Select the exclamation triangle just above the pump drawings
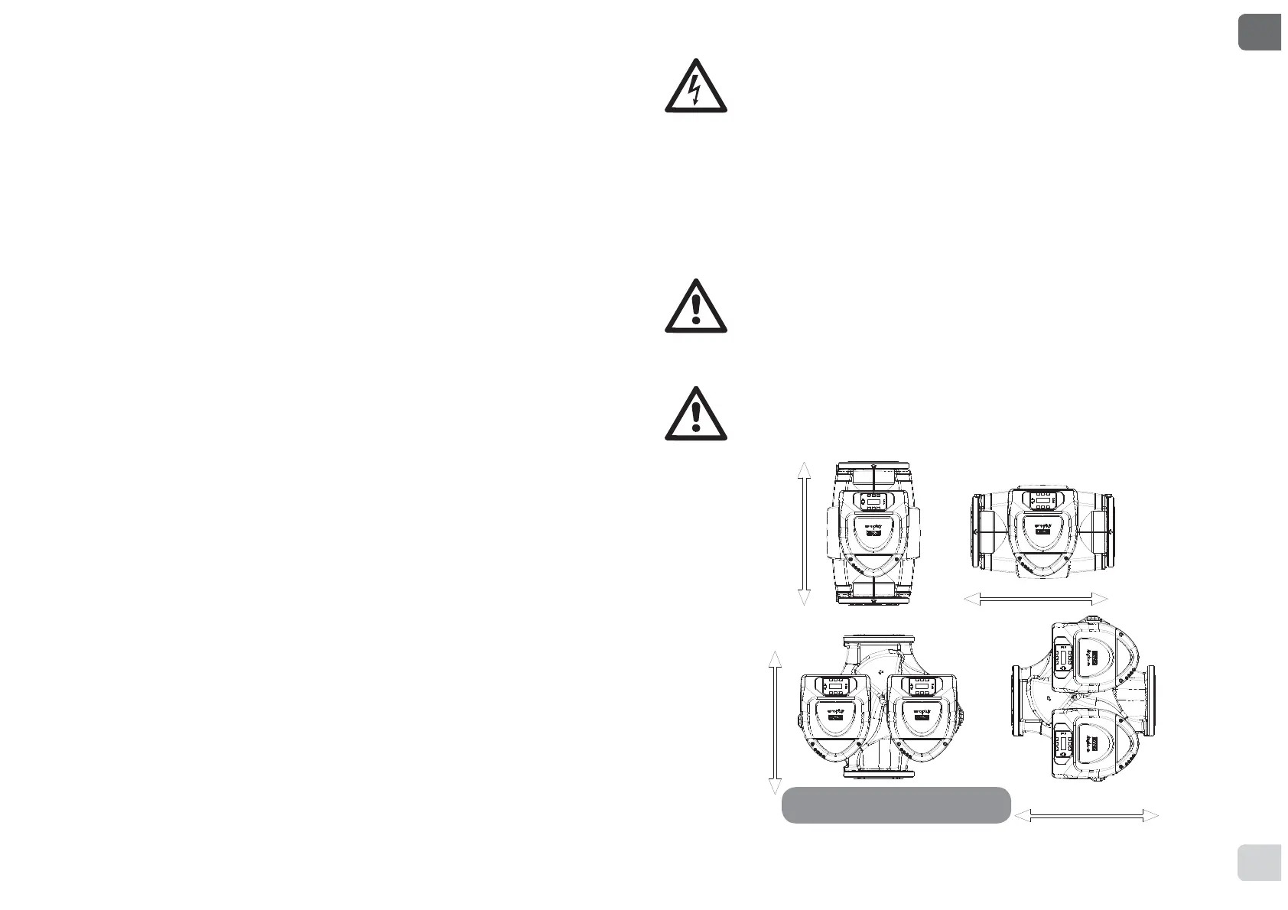pos(694,414)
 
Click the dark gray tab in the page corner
pos(1259,31)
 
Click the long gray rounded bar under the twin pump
pos(896,805)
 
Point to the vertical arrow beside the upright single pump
pos(804,534)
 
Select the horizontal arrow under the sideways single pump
pos(1036,598)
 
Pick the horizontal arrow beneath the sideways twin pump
pos(1087,817)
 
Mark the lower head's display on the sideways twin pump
pos(1062,743)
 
